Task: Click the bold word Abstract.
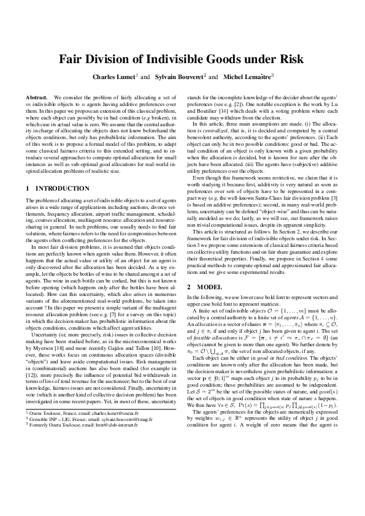click(x=37, y=97)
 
